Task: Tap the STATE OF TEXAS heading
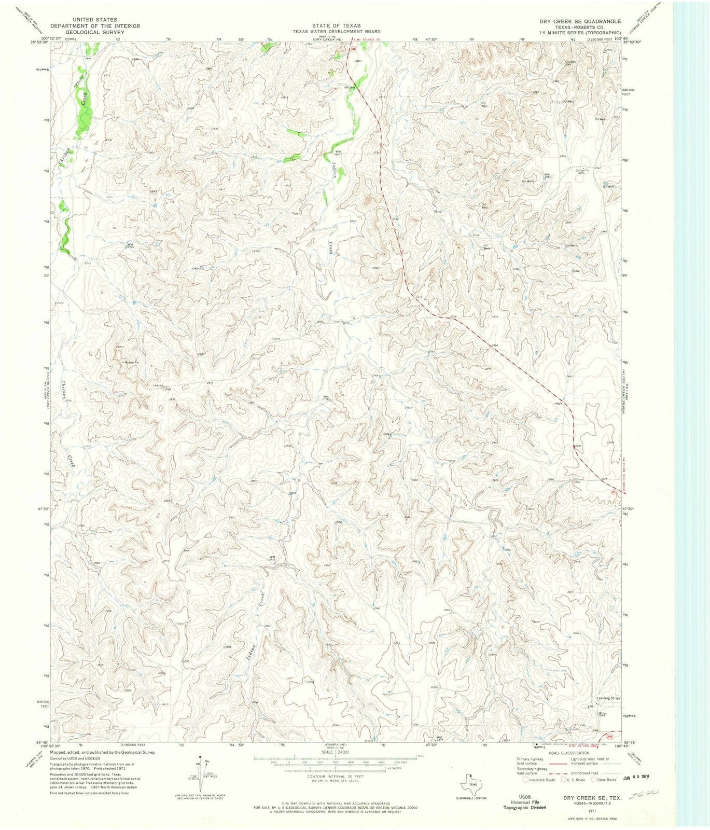tap(336, 25)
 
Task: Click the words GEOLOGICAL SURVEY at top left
tap(88, 32)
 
